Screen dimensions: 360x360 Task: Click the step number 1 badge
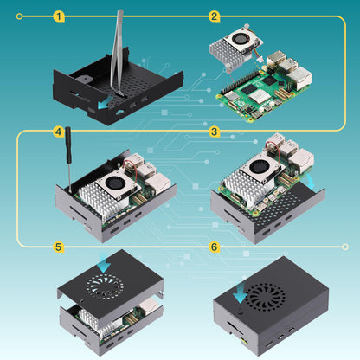coord(58,16)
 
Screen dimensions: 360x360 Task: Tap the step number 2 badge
coord(214,16)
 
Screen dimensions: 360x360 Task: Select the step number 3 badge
coord(214,132)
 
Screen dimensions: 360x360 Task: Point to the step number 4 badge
coord(58,132)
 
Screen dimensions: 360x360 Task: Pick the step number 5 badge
coord(58,247)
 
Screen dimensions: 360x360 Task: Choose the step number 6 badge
coord(214,247)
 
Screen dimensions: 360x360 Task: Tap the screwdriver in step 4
coord(66,164)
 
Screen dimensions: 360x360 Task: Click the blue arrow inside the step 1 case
coord(105,102)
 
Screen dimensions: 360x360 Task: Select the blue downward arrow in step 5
coord(105,262)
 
